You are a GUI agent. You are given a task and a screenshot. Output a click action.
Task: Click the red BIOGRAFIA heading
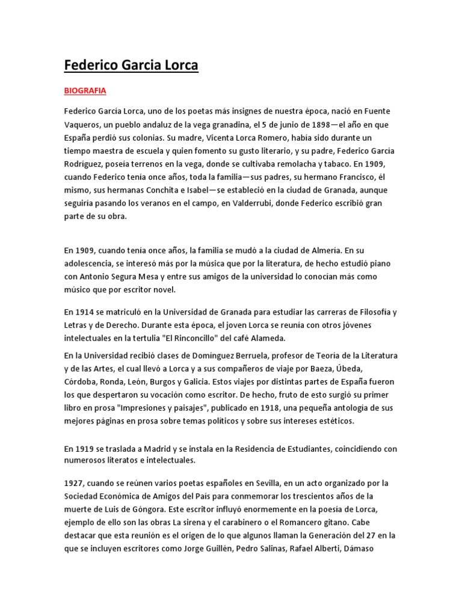click(x=85, y=91)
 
